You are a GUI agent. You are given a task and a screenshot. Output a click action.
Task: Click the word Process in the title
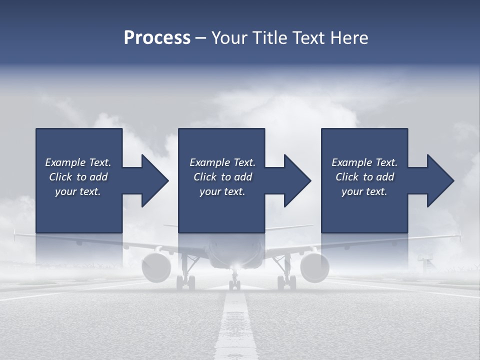tap(157, 38)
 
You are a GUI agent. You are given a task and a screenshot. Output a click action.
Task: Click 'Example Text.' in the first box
tap(78, 162)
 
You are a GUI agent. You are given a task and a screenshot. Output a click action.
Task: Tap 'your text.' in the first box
tap(78, 191)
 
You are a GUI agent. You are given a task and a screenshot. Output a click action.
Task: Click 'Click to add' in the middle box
tap(222, 177)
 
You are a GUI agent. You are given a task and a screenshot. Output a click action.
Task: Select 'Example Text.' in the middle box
tap(222, 162)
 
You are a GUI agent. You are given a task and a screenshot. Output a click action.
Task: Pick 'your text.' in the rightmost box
tap(364, 191)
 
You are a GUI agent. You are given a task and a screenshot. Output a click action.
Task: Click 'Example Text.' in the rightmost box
tap(364, 162)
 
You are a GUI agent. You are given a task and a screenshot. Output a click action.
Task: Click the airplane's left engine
tap(156, 267)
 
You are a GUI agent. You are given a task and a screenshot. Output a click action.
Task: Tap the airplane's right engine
tap(314, 267)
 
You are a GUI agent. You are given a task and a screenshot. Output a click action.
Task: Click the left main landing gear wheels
tap(185, 282)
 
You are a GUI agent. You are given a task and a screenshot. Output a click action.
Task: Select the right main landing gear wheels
tap(286, 282)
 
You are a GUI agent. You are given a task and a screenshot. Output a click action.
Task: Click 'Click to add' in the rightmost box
tap(364, 177)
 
